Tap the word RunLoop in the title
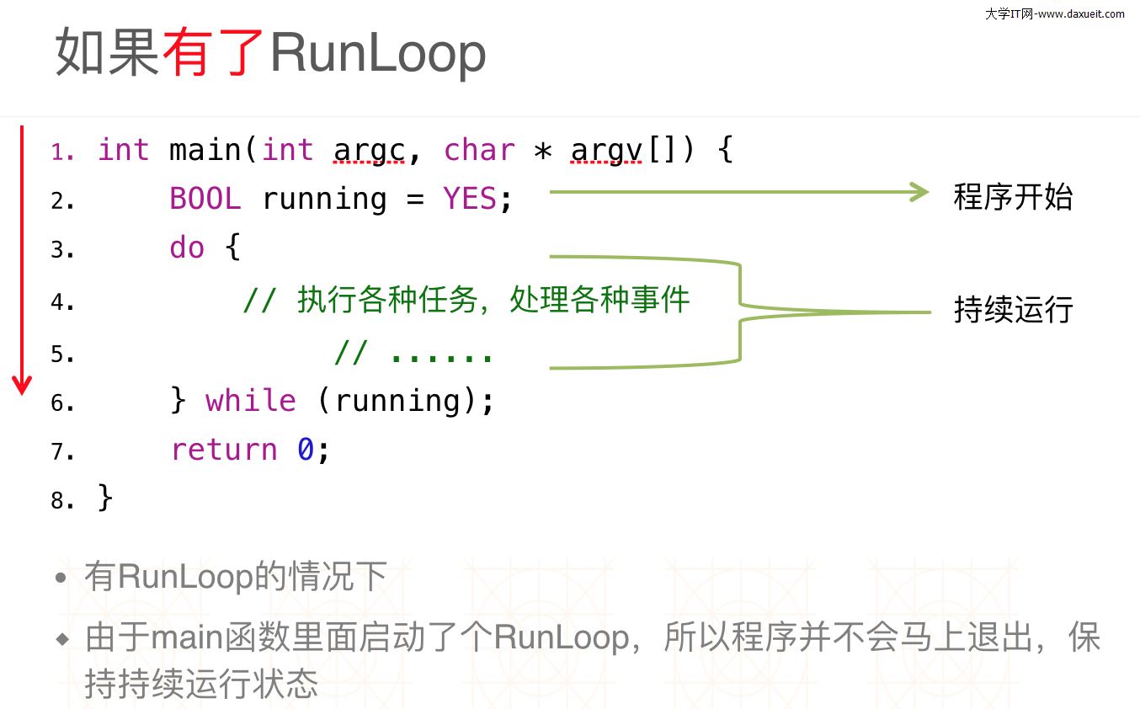378,52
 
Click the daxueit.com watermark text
1054,13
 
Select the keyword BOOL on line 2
205,199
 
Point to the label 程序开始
1013,196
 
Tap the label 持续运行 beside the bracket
1013,310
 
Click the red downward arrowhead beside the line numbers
22,386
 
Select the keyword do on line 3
187,248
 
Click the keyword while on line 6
250,401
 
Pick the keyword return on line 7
223,450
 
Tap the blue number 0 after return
305,450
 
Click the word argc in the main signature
370,150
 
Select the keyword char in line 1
479,150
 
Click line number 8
62,500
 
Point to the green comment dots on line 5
442,354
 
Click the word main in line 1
205,150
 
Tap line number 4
62,301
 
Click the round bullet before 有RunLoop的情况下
60,578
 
